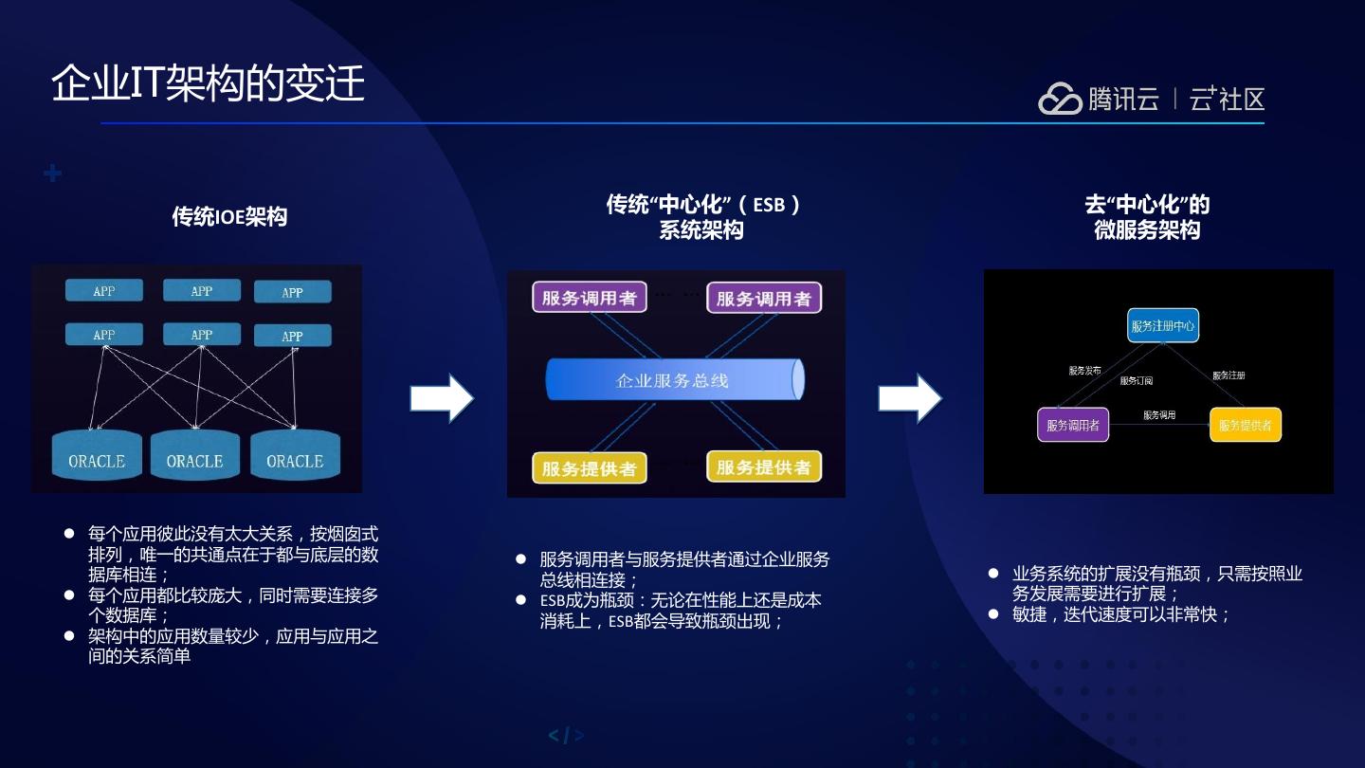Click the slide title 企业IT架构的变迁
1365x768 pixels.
[208, 83]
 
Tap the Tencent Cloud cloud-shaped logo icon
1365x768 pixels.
[1059, 99]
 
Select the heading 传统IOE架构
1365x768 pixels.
[229, 216]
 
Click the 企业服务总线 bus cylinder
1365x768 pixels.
[674, 380]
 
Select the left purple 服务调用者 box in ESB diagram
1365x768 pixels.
[589, 298]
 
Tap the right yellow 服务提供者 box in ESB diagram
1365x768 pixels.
[763, 466]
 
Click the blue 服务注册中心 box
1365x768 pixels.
[1163, 326]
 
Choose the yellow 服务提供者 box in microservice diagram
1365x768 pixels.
[1245, 425]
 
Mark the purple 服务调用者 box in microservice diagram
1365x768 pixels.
[1073, 425]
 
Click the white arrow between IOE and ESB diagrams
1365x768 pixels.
[441, 398]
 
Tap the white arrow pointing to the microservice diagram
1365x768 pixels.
[909, 398]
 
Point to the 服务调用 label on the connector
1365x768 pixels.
[1158, 415]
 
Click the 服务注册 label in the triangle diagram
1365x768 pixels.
[1228, 375]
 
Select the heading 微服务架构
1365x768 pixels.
[1147, 230]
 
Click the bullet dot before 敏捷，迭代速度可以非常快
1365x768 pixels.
[992, 613]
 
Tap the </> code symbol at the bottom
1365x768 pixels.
[566, 736]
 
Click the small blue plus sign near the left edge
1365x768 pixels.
[53, 174]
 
